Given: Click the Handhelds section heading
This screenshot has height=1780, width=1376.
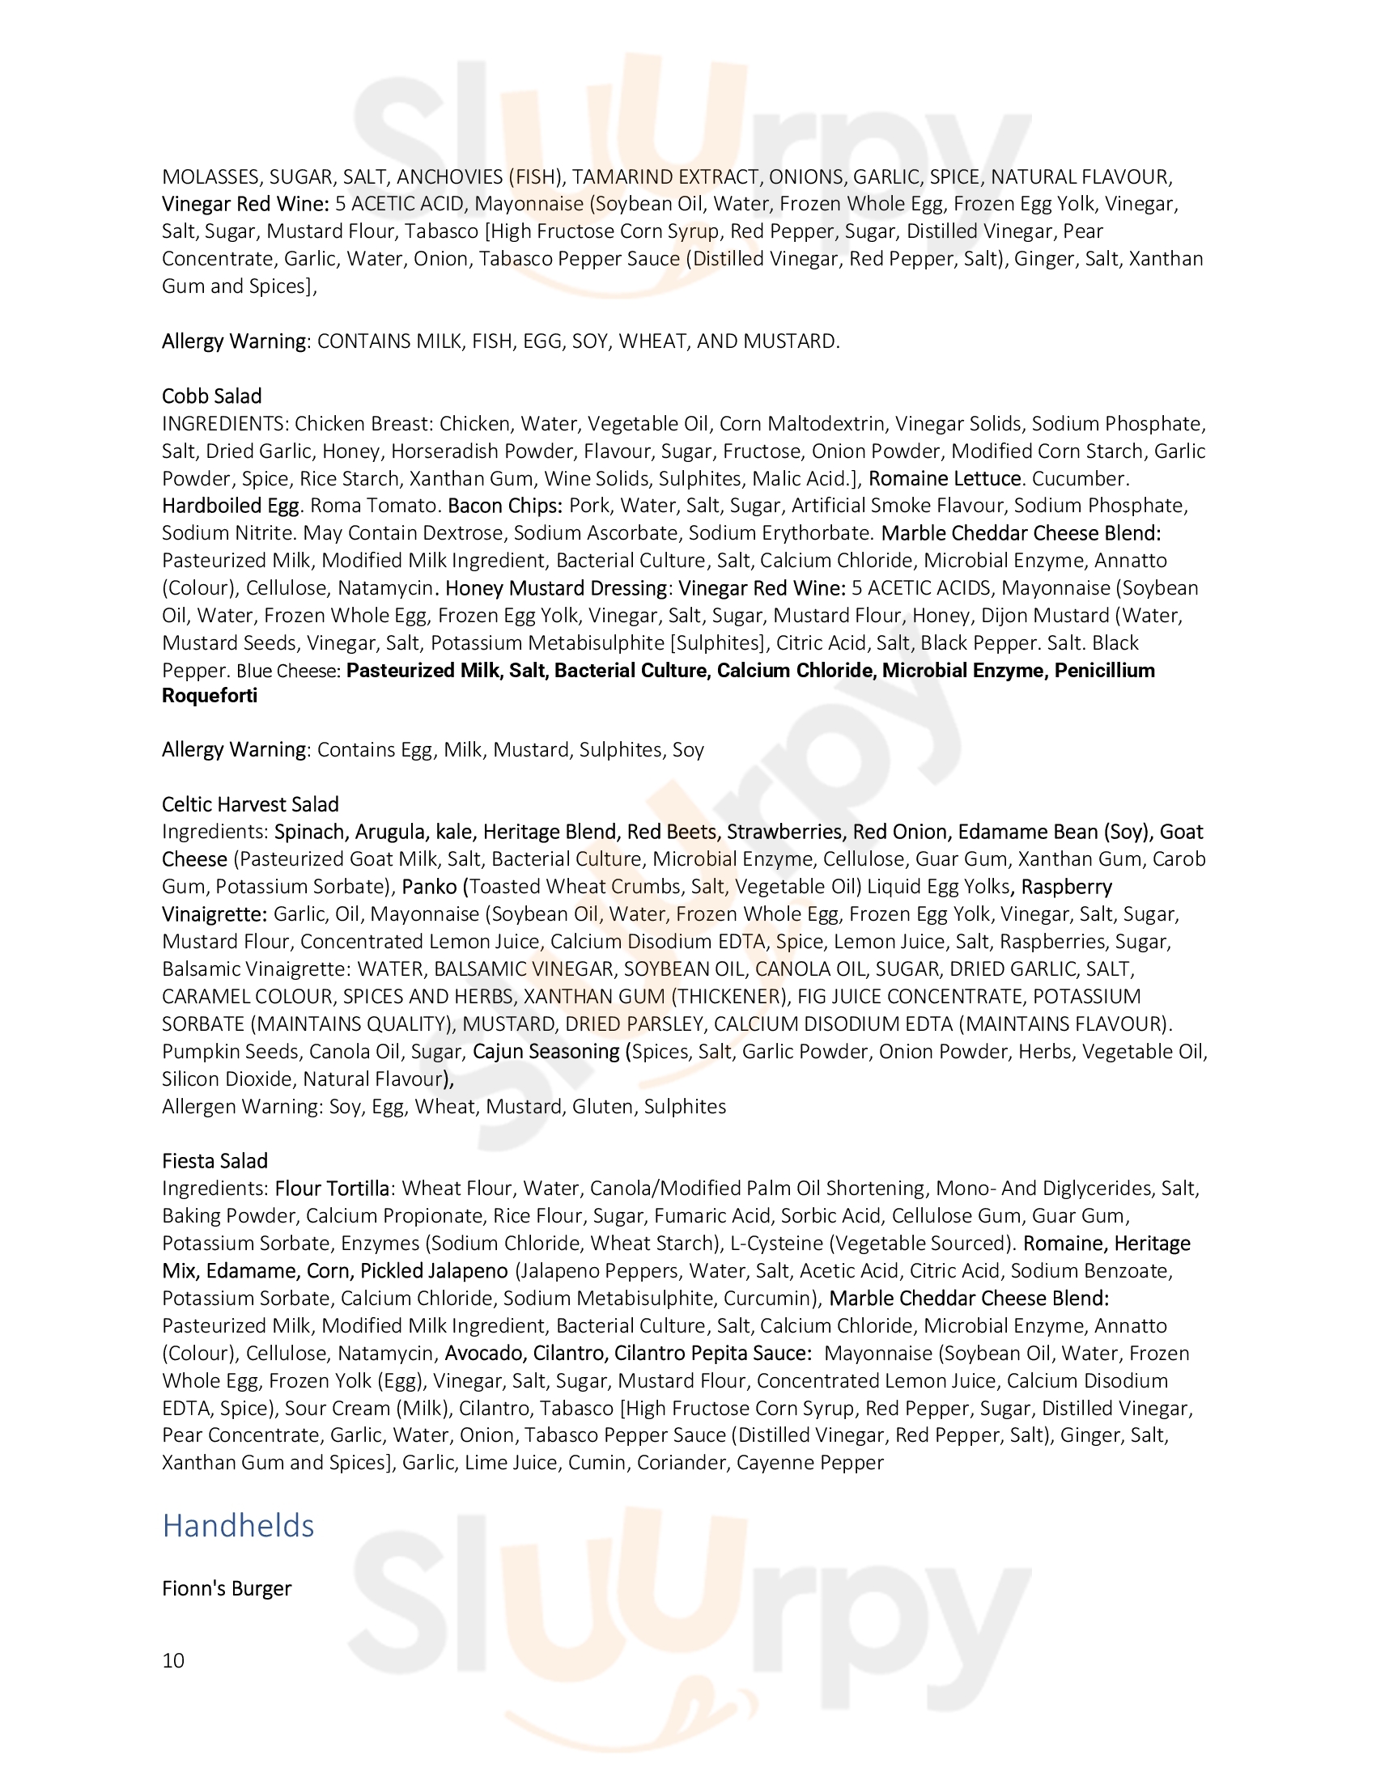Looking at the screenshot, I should [x=238, y=1526].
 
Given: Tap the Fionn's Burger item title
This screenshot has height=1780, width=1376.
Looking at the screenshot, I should [x=227, y=1588].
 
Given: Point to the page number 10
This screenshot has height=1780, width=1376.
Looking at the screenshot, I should [x=174, y=1660].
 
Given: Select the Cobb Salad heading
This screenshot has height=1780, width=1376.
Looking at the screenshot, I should [x=212, y=396].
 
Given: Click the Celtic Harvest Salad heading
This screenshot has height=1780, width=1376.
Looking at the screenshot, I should [x=250, y=804].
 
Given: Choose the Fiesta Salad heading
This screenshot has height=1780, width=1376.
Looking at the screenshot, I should [x=214, y=1160].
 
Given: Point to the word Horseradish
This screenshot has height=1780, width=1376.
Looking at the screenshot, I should [x=473, y=451].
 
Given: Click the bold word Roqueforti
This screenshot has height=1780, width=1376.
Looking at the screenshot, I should [x=210, y=695].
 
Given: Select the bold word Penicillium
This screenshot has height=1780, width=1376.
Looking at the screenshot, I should [x=1105, y=670].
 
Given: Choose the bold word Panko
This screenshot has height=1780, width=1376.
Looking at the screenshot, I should [x=429, y=886].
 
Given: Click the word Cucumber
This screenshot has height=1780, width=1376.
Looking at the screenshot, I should [x=1080, y=477].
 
